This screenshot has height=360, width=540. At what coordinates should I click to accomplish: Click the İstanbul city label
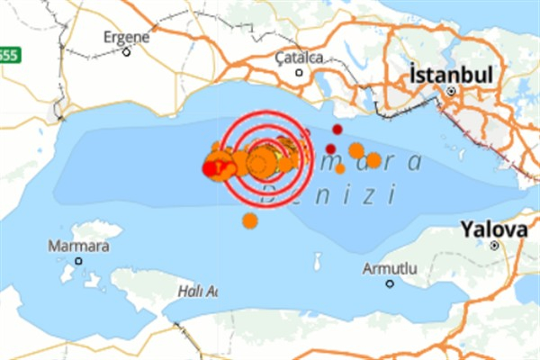tap(451, 75)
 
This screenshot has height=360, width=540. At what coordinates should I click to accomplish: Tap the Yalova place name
tap(494, 229)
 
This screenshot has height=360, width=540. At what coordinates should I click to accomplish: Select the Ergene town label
tap(126, 37)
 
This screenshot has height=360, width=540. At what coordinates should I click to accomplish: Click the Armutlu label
tap(390, 268)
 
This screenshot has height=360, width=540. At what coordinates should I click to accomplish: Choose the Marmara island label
tap(79, 246)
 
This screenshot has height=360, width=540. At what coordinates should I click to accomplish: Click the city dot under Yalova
tap(494, 245)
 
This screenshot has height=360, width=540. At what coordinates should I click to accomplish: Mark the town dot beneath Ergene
tap(126, 51)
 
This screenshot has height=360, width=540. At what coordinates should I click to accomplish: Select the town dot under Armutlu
tap(390, 283)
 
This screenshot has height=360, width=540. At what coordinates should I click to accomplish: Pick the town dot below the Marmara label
tap(78, 261)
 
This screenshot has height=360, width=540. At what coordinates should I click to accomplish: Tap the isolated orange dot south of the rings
tap(249, 220)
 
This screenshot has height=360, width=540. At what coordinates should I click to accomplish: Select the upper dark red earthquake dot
tap(337, 130)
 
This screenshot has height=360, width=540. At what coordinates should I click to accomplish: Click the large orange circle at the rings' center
tap(261, 163)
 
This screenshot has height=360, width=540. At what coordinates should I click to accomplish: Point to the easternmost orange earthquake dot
tap(373, 160)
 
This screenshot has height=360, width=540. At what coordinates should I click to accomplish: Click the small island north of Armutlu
tap(317, 262)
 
